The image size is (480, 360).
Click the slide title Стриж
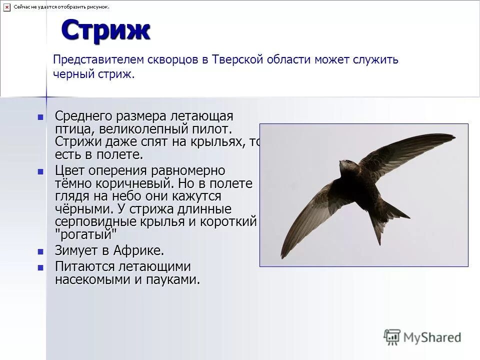click(x=105, y=31)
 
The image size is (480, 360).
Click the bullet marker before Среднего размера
click(x=41, y=117)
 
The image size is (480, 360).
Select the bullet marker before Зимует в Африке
click(x=41, y=250)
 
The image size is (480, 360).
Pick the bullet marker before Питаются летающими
click(x=41, y=267)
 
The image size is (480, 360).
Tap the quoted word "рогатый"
click(x=85, y=233)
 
